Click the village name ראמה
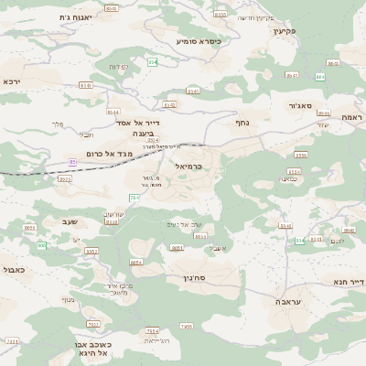[x=351, y=117]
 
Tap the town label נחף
[x=242, y=121]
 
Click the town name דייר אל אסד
[x=138, y=122]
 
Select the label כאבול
[x=14, y=270]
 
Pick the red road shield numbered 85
[x=71, y=162]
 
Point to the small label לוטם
[x=337, y=241]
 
